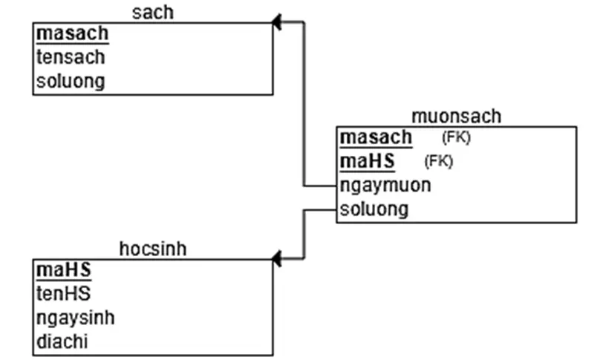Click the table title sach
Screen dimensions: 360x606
click(x=153, y=11)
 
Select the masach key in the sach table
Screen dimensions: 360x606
click(x=72, y=33)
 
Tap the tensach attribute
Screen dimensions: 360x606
click(x=71, y=57)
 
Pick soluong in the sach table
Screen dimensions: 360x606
click(x=71, y=81)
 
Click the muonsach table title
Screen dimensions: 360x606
click(x=456, y=116)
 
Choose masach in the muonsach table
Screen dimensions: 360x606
click(x=376, y=137)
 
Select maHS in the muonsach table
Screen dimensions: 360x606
click(x=367, y=161)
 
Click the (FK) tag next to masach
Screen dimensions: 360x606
click(x=456, y=137)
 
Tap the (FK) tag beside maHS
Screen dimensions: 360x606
click(x=438, y=161)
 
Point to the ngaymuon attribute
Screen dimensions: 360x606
click(x=385, y=185)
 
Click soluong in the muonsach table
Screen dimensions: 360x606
click(x=374, y=209)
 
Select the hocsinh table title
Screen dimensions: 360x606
click(x=153, y=249)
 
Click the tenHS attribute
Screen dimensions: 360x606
click(x=63, y=295)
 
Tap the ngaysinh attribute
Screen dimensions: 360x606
click(x=75, y=318)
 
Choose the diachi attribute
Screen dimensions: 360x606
click(x=66, y=342)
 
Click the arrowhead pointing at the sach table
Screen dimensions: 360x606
click(x=277, y=22)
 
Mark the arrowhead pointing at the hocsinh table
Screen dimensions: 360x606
click(x=277, y=259)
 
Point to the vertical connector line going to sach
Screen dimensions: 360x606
click(x=304, y=104)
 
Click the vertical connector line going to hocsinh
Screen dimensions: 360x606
click(x=304, y=234)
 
